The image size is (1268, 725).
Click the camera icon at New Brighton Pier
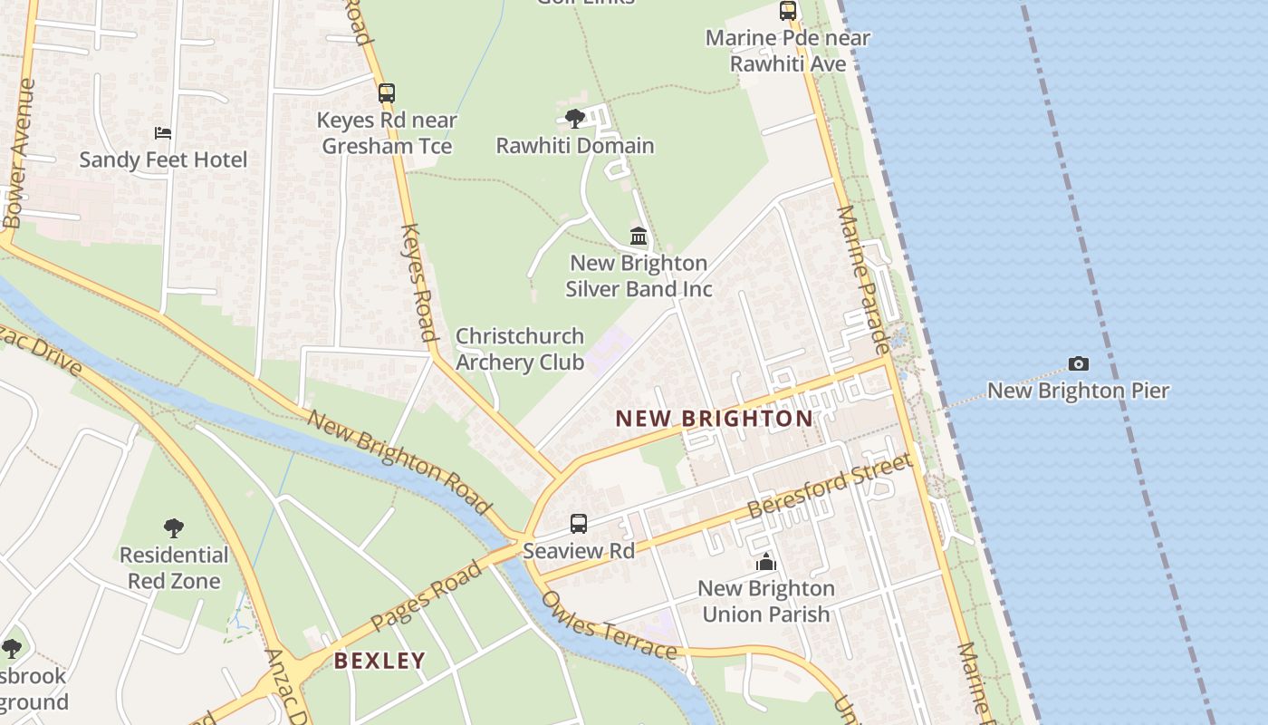1078,364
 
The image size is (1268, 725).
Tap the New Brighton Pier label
1078,391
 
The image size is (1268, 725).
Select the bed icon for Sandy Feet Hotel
163,133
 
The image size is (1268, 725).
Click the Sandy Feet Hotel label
163,160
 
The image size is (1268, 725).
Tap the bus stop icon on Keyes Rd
387,92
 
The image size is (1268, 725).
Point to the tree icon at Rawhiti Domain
574,118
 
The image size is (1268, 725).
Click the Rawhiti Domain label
575,145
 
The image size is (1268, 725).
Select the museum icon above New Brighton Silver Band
639,237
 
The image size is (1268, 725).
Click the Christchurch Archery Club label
519,349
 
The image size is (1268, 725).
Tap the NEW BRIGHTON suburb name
715,419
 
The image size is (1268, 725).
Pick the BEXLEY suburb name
379,661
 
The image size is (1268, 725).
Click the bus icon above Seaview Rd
579,523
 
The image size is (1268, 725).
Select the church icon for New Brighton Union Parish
766,562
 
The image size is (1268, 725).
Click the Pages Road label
427,596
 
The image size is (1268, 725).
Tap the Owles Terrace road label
608,627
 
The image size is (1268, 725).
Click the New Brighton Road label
399,460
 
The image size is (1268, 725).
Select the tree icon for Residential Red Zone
174,527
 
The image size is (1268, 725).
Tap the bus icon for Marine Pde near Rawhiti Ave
788,11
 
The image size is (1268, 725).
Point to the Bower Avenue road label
18,152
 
